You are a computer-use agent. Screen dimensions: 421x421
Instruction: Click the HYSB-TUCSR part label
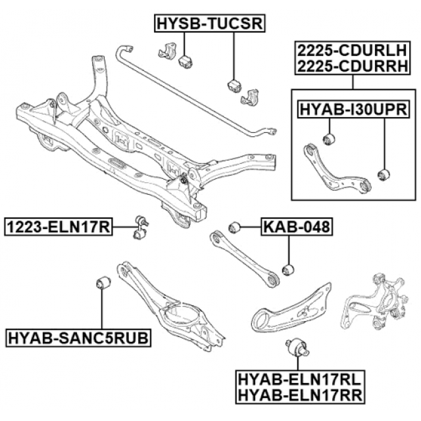pos(210,24)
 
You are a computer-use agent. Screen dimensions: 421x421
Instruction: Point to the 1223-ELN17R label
pos(58,228)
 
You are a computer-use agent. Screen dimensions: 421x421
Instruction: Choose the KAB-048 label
pos(296,228)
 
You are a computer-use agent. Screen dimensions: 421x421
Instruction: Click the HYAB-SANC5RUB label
pos(78,339)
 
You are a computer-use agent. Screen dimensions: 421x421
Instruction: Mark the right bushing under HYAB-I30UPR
pos(385,174)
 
